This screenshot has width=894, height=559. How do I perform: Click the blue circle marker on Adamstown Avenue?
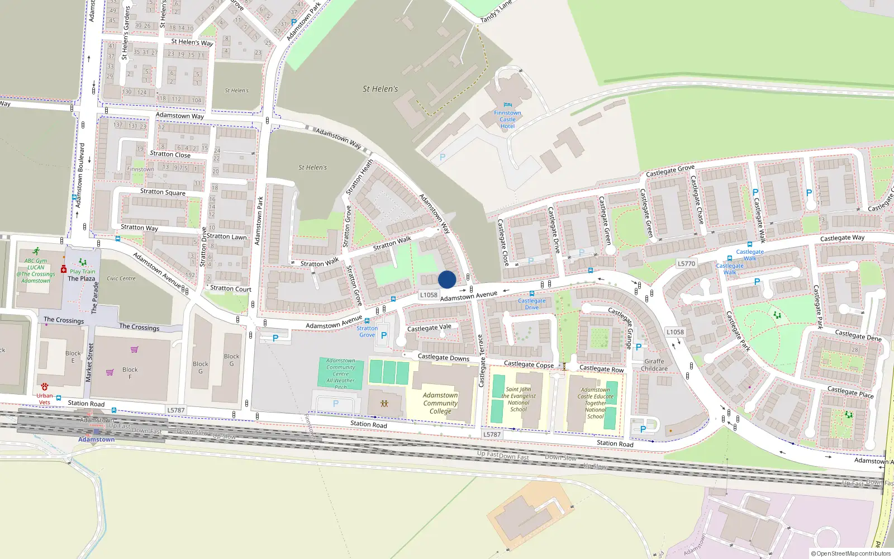pyautogui.click(x=447, y=279)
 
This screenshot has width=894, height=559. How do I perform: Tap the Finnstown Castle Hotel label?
pyautogui.click(x=507, y=120)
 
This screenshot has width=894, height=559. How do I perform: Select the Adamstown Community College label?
pyautogui.click(x=440, y=403)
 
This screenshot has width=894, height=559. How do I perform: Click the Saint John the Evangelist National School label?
pyautogui.click(x=519, y=399)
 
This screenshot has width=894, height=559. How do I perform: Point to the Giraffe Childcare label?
pyautogui.click(x=654, y=365)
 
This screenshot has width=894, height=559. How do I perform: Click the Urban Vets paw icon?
pyautogui.click(x=45, y=387)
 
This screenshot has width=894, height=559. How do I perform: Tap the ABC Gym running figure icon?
pyautogui.click(x=36, y=252)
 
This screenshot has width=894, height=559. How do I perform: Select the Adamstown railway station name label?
pyautogui.click(x=96, y=439)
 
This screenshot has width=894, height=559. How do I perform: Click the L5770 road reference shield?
pyautogui.click(x=686, y=264)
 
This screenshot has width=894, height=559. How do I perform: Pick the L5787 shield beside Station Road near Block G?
pyautogui.click(x=175, y=410)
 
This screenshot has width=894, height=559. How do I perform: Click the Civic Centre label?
pyautogui.click(x=121, y=278)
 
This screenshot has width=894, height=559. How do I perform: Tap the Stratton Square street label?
pyautogui.click(x=163, y=192)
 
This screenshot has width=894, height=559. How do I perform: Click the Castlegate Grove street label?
pyautogui.click(x=670, y=170)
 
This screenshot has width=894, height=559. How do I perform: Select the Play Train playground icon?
pyautogui.click(x=83, y=262)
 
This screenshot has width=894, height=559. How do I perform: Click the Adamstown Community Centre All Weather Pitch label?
pyautogui.click(x=341, y=374)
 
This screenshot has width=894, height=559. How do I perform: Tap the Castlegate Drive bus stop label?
pyautogui.click(x=531, y=304)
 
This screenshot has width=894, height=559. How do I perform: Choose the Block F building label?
pyautogui.click(x=130, y=373)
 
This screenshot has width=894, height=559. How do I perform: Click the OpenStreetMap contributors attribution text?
pyautogui.click(x=852, y=554)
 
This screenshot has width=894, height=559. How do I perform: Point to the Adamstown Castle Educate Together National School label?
pyautogui.click(x=595, y=403)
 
